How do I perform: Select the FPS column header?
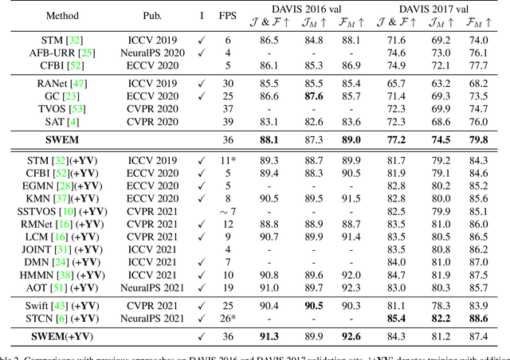[x=229, y=15]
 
